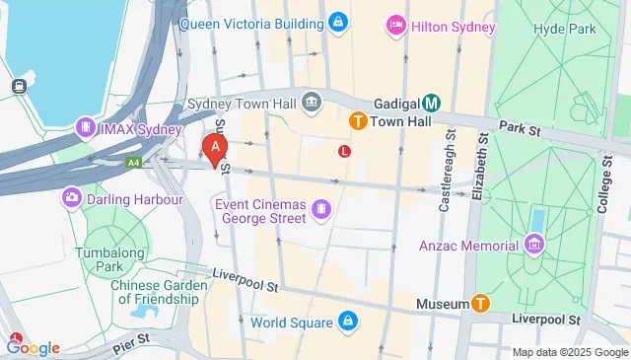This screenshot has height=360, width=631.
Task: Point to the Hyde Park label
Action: [567, 30]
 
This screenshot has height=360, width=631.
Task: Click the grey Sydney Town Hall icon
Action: [313, 102]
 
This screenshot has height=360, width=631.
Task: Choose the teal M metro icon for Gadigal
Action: [431, 103]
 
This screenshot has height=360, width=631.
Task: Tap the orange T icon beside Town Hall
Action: [359, 120]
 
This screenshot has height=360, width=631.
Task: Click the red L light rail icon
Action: [344, 151]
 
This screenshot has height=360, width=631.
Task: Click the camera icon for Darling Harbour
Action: [72, 198]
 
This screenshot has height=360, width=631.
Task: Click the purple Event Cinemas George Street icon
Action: [321, 208]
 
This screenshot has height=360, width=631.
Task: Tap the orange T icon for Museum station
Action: [480, 304]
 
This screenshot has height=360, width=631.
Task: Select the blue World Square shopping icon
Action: [348, 321]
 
